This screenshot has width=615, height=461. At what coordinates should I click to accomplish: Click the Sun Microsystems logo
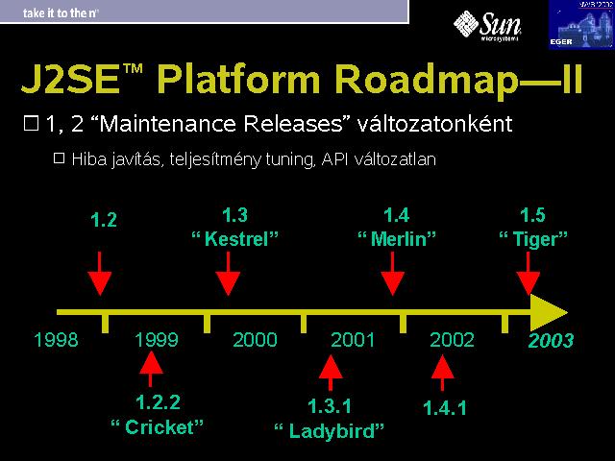tap(487, 26)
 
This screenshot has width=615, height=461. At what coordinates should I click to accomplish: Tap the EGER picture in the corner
tap(581, 24)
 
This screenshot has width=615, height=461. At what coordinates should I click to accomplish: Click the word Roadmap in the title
tap(427, 80)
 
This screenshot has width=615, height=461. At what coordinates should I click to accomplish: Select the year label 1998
tap(56, 339)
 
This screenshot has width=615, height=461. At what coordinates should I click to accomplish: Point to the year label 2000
tap(255, 339)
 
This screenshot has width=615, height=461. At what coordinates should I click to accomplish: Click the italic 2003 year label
tap(551, 340)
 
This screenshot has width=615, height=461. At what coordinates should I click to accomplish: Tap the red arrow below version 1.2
tap(100, 274)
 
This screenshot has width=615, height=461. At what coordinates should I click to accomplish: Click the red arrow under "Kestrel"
tap(228, 274)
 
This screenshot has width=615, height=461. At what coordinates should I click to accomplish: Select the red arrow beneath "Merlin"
tap(393, 274)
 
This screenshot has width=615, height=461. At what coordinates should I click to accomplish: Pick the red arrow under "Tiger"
tap(528, 274)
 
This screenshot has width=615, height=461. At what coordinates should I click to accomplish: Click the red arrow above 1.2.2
tap(151, 369)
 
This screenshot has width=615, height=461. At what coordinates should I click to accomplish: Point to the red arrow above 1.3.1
tap(331, 373)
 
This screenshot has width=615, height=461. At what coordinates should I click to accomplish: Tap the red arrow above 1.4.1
tap(442, 373)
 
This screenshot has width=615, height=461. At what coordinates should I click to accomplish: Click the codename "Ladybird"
tap(329, 431)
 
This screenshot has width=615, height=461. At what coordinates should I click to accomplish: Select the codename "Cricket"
tap(158, 427)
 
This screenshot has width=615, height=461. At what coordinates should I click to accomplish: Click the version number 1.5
tap(532, 215)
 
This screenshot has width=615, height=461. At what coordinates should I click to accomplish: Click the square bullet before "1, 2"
tap(32, 123)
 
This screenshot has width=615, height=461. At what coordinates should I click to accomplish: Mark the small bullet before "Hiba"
tap(59, 158)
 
